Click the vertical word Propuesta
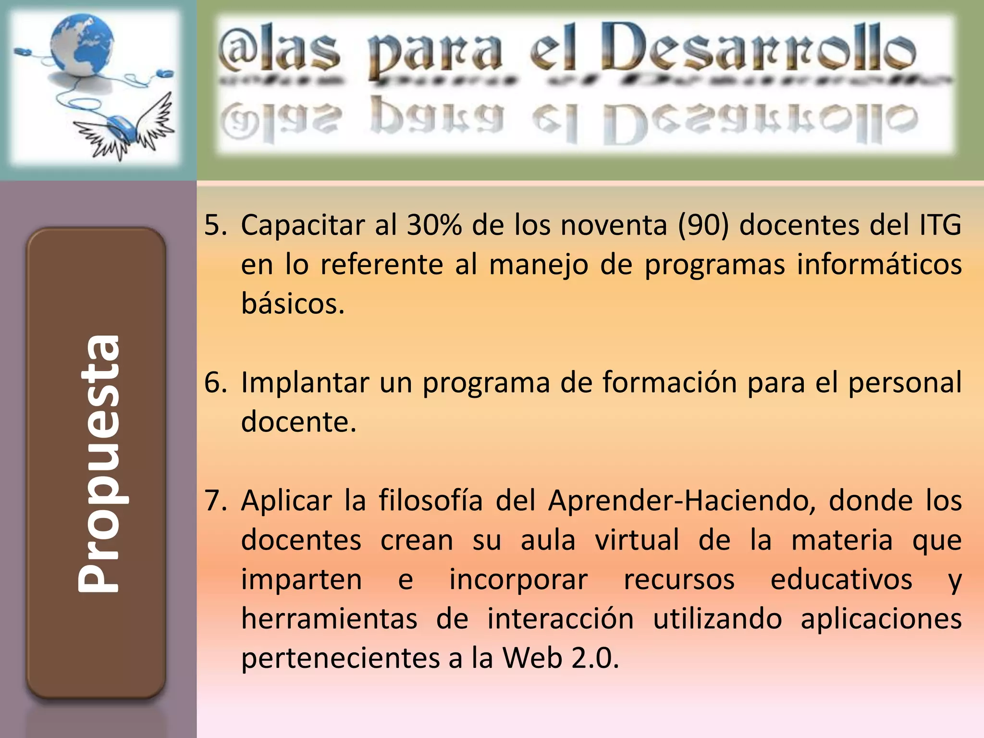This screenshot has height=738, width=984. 98,463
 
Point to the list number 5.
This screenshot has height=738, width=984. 215,225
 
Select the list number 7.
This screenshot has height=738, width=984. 215,501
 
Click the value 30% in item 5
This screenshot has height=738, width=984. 434,225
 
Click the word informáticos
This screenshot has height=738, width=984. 879,264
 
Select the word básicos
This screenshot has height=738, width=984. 293,304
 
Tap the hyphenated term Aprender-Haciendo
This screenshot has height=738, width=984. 682,501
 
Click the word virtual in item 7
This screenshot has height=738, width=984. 637,540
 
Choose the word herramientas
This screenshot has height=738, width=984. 329,619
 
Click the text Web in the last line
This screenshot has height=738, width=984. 532,658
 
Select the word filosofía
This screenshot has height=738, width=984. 430,501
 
